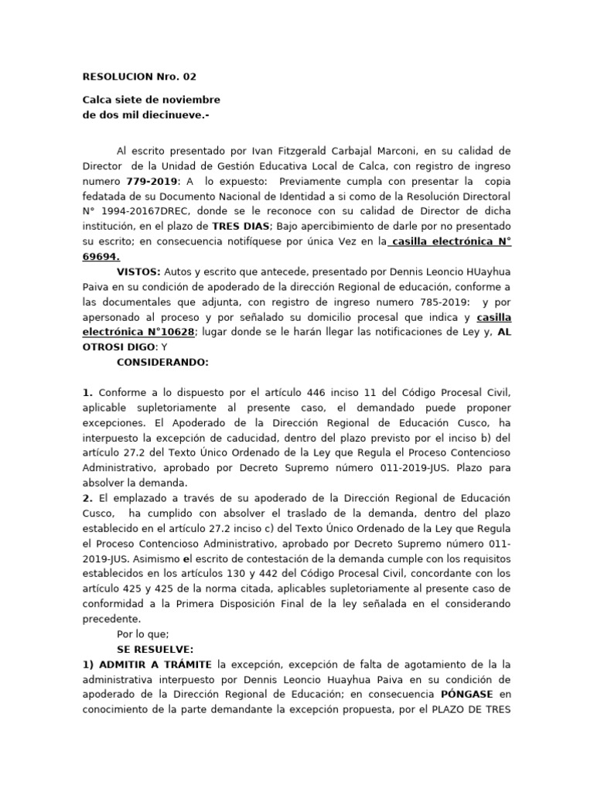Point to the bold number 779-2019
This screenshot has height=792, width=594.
150,181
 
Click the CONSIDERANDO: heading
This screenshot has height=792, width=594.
162,362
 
